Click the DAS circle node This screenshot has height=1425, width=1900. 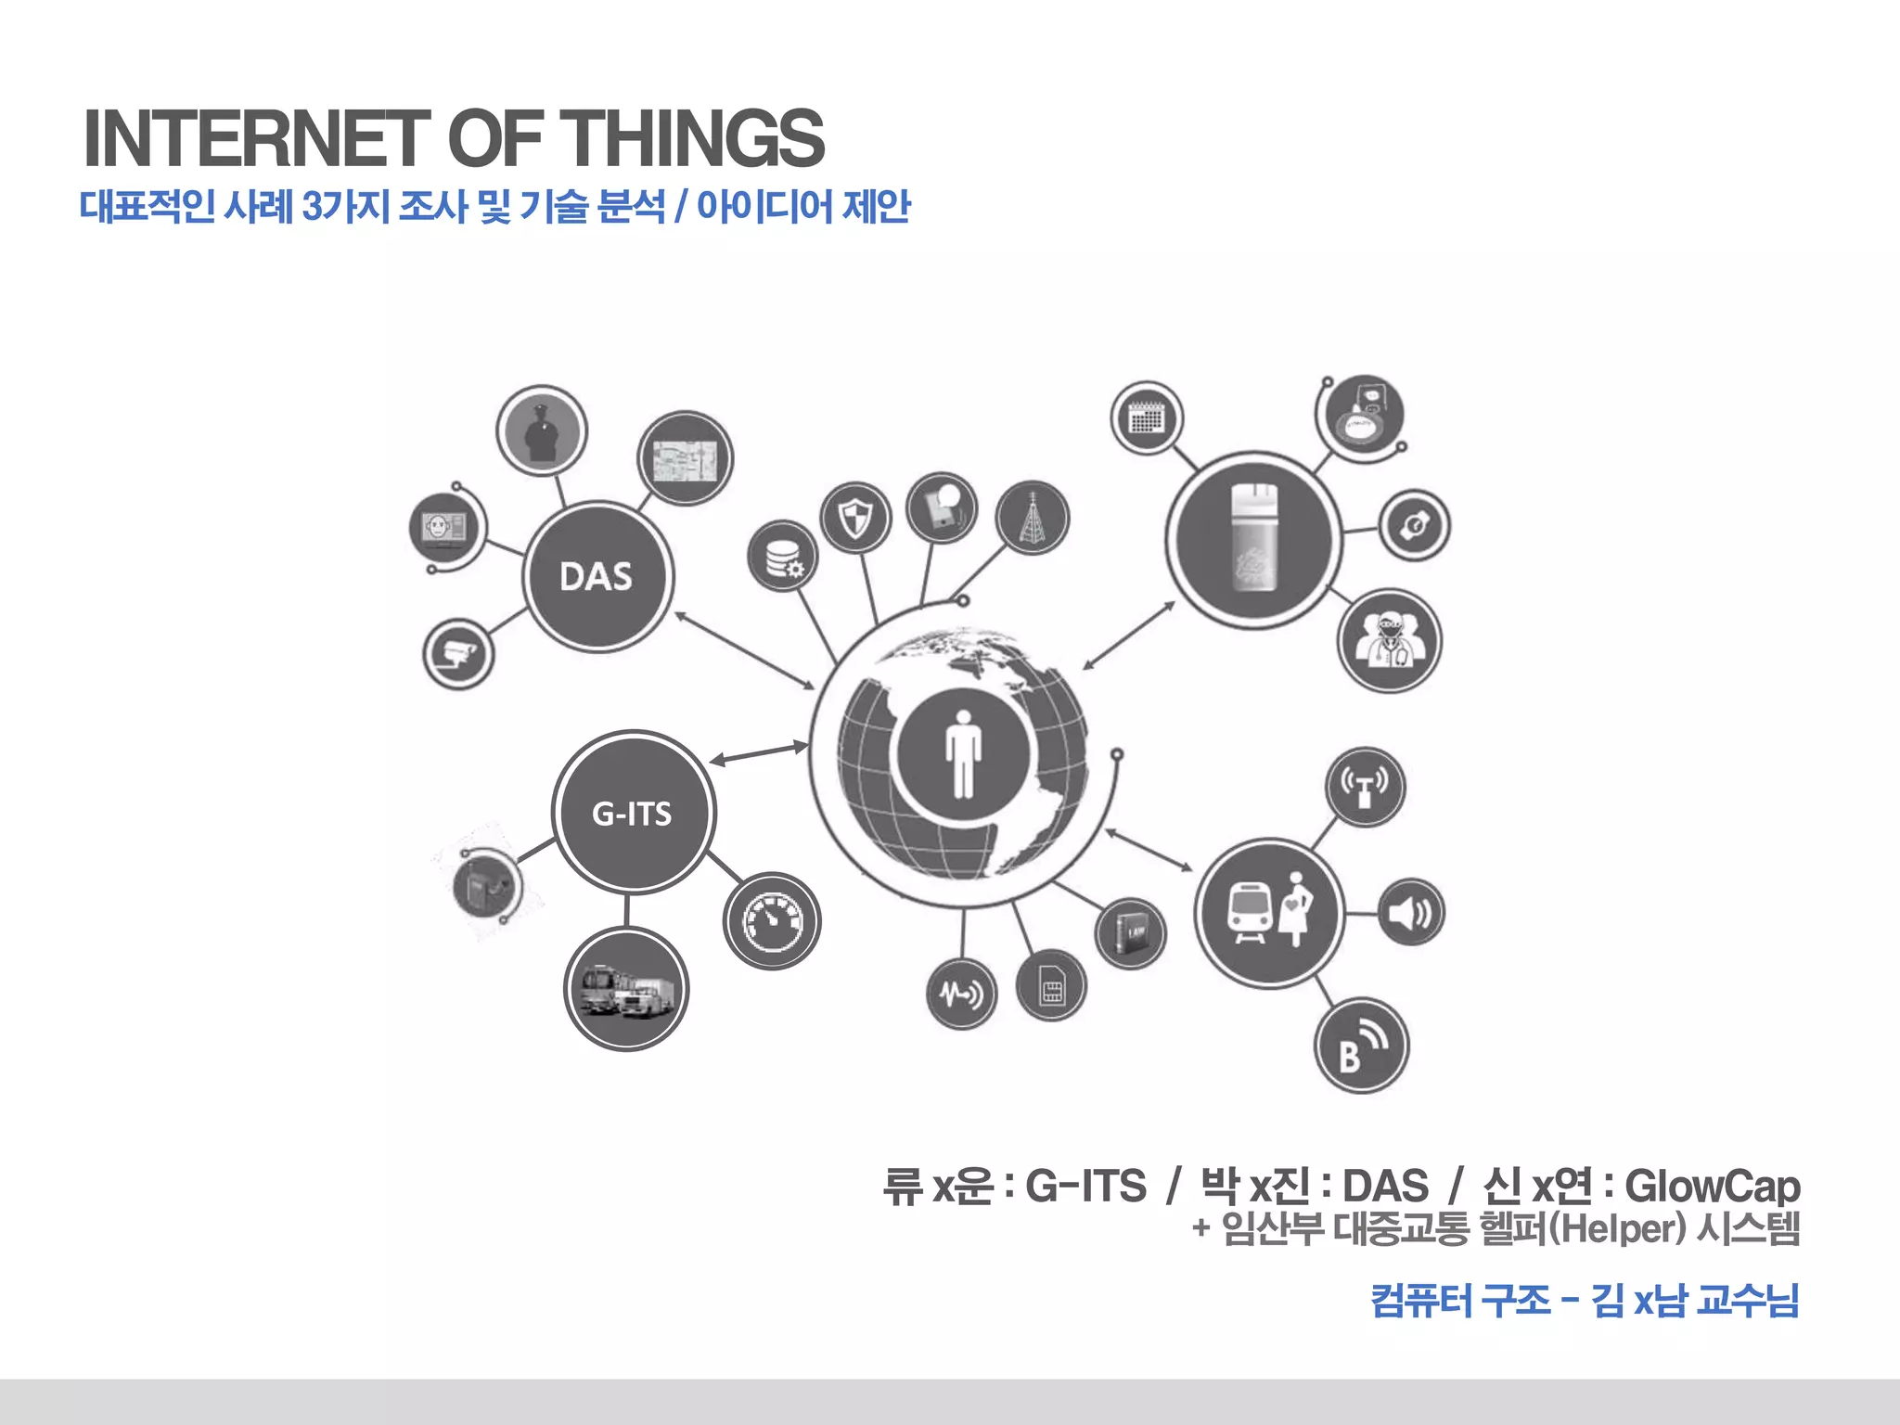[x=597, y=577]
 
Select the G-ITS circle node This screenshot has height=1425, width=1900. [x=633, y=813]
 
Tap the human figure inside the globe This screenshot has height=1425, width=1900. [x=963, y=753]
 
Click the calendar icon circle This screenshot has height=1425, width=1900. [x=1146, y=418]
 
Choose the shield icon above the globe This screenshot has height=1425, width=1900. [x=855, y=518]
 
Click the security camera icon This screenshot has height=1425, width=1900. [x=458, y=653]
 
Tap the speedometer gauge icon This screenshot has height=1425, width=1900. [x=772, y=921]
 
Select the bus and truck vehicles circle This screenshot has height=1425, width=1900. [x=626, y=989]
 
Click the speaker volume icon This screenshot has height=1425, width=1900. [x=1410, y=913]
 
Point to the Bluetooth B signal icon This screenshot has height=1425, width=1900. [x=1361, y=1046]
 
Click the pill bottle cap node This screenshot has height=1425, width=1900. [x=1253, y=539]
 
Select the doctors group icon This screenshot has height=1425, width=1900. [x=1389, y=640]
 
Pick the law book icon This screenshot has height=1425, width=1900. [x=1130, y=933]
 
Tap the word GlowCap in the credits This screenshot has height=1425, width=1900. [x=1712, y=1187]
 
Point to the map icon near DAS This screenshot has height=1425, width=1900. [x=686, y=459]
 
